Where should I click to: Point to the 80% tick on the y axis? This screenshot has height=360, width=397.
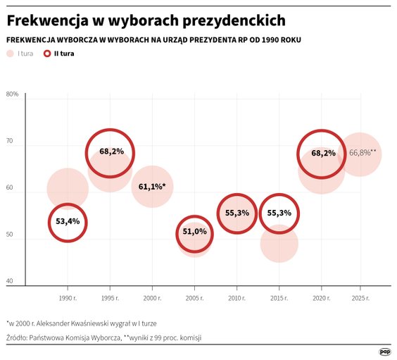(12, 94)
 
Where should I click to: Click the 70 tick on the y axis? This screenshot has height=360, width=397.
(10, 142)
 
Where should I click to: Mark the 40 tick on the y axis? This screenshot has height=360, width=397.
(10, 282)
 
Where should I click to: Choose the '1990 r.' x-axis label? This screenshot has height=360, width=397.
(68, 299)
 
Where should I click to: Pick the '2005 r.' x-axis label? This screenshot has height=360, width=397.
(194, 299)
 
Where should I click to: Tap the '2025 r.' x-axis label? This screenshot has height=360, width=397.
(360, 299)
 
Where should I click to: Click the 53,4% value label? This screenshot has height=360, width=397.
(68, 222)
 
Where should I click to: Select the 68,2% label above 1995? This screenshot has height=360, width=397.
(111, 151)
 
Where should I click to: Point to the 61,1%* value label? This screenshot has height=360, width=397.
(152, 187)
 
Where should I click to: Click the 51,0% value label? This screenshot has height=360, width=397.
(194, 232)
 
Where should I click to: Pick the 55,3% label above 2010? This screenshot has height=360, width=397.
(237, 213)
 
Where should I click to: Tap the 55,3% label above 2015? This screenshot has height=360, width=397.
(279, 213)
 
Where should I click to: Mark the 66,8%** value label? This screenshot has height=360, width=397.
(363, 152)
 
